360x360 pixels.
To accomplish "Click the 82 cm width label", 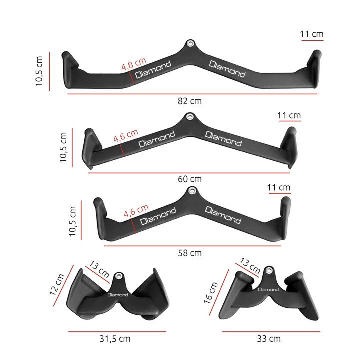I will coord(189,101).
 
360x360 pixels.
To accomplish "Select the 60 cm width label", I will coord(189,179).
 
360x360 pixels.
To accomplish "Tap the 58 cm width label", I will coord(189,253).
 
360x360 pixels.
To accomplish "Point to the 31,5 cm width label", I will coord(115,338).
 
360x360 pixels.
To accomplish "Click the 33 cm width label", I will coord(268,338).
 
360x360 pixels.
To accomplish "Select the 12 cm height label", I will coord(58,285).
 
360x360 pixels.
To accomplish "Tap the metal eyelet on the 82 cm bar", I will coord(190,44).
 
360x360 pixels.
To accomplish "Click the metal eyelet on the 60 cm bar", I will coord(189,117).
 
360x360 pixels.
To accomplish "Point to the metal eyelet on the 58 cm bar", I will coord(192,190).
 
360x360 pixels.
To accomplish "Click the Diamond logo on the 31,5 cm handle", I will coord(118,294).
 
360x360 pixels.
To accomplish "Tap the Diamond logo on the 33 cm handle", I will coord(268,289).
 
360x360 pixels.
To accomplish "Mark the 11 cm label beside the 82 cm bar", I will coord(312,34).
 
